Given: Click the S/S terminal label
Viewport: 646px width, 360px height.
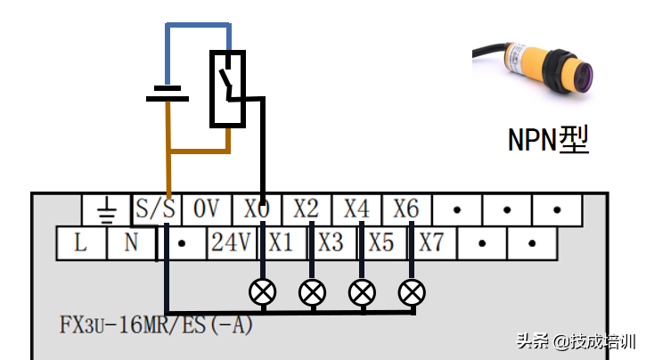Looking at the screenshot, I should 155,210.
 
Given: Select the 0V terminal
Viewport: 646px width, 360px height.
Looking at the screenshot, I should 206,210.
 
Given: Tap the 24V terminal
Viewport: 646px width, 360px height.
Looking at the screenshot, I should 231,242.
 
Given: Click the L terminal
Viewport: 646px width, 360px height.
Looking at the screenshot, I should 80,242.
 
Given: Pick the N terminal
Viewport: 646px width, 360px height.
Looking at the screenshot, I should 130,242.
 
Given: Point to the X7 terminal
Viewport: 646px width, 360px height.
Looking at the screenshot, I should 431,242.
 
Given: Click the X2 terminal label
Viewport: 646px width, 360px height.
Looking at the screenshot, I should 306,210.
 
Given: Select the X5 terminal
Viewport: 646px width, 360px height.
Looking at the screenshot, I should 381,242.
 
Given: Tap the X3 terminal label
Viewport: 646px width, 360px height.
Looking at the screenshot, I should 331,242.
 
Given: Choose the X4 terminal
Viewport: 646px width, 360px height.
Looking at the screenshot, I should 356,210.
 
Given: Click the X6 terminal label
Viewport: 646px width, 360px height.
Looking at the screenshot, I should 406,210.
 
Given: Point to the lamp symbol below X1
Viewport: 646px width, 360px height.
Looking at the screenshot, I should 263,291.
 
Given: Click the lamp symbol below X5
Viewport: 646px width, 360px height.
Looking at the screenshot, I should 362,291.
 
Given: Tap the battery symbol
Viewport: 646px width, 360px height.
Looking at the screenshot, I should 166,93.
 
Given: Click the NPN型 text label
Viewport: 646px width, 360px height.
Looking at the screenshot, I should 548,139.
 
